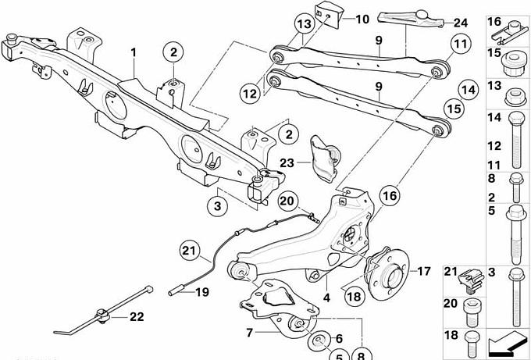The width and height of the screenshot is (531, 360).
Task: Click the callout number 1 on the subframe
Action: pos(134,52)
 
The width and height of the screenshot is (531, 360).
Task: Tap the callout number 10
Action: pos(362,18)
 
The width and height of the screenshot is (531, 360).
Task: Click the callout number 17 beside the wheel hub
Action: pos(422,273)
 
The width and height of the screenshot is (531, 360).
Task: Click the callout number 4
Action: pos(327,297)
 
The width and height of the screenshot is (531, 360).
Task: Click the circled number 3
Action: pos(217,207)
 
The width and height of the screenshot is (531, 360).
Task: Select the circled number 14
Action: pos(468,90)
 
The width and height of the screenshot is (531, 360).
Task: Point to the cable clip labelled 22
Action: pos(100,315)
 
